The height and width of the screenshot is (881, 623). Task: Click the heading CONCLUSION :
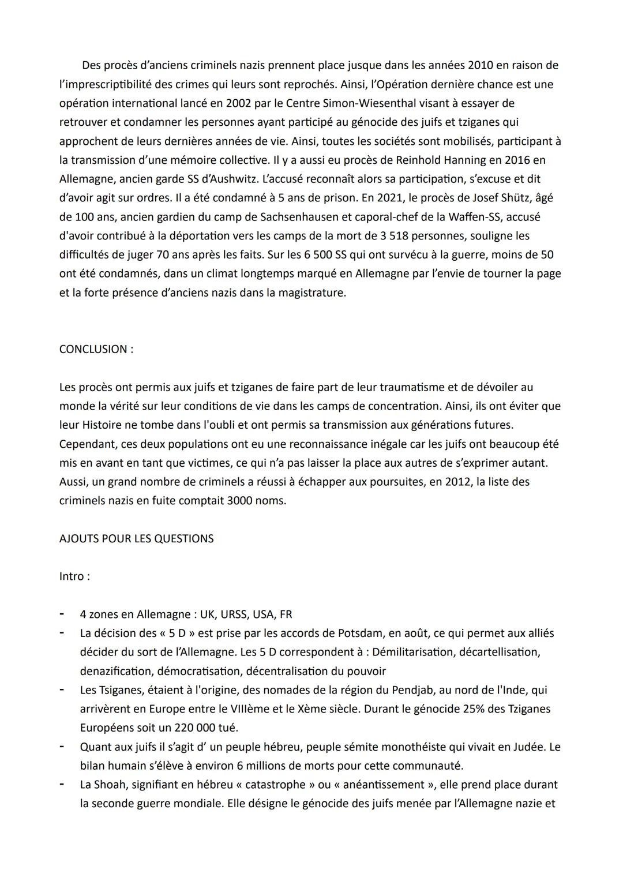(96, 349)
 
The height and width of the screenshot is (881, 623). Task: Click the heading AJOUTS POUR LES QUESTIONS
(136, 538)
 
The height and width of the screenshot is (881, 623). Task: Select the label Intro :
(74, 576)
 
